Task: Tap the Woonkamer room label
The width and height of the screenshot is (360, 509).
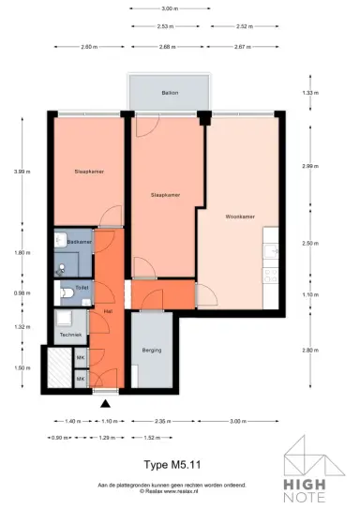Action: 241,217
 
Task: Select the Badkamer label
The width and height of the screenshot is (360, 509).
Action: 78,242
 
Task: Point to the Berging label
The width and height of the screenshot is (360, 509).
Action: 152,350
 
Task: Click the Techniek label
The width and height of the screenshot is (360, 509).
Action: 71,335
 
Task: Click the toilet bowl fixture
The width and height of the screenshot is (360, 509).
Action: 66,293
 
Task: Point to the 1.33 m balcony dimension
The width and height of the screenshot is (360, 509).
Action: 309,93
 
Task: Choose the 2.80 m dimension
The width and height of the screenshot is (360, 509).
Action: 309,350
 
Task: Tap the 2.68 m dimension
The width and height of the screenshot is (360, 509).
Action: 169,47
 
